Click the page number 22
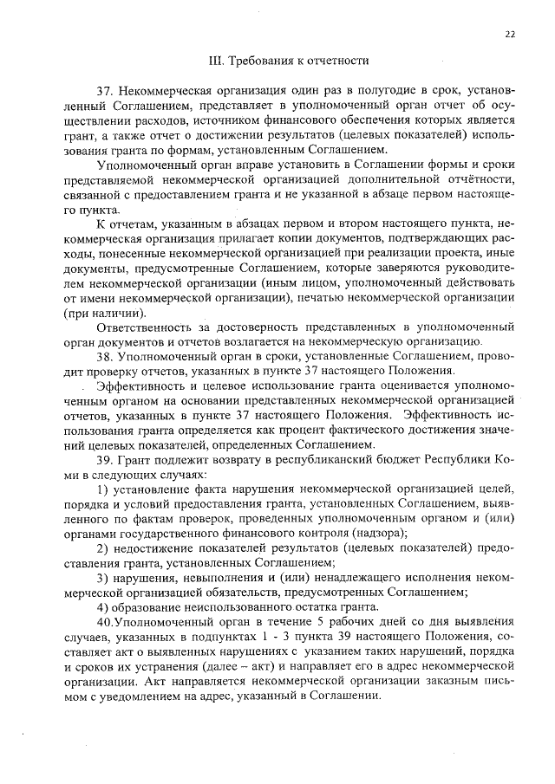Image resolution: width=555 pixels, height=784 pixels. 509,34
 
